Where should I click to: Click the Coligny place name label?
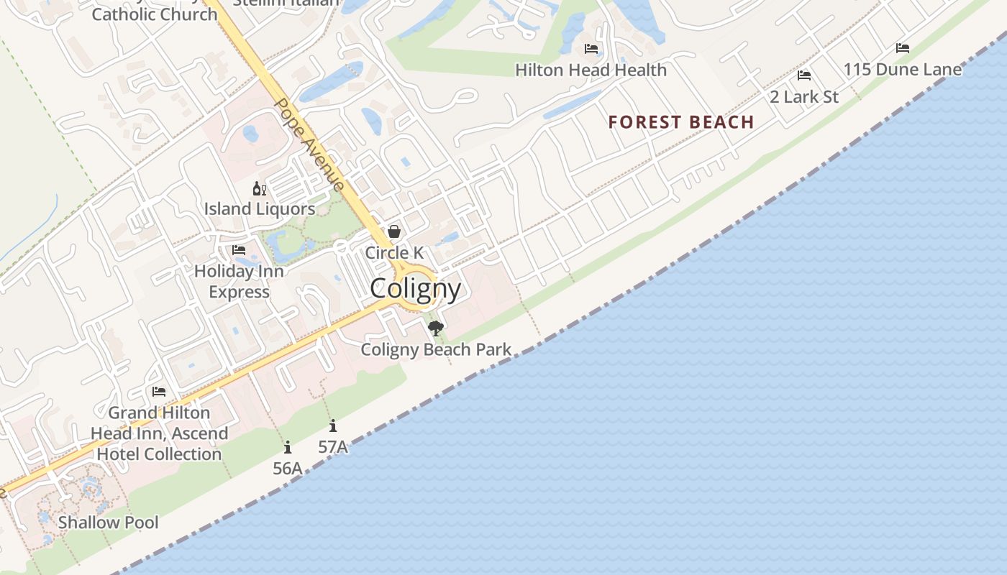pyautogui.click(x=415, y=289)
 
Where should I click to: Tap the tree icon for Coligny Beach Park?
pyautogui.click(x=435, y=328)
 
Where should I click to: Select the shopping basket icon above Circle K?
pyautogui.click(x=394, y=231)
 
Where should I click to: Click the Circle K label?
pyautogui.click(x=394, y=253)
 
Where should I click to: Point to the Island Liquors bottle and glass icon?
pyautogui.click(x=259, y=189)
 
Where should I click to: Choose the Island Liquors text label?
pyautogui.click(x=260, y=209)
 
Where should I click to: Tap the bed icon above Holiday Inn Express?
pyautogui.click(x=239, y=250)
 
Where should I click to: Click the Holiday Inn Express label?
pyautogui.click(x=239, y=282)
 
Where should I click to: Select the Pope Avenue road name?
pyautogui.click(x=309, y=144)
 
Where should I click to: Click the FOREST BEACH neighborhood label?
pyautogui.click(x=681, y=122)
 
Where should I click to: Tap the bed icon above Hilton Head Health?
pyautogui.click(x=591, y=49)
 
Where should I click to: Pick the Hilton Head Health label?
pyautogui.click(x=591, y=70)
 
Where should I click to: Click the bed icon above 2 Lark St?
pyautogui.click(x=804, y=75)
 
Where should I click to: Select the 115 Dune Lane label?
pyautogui.click(x=902, y=70)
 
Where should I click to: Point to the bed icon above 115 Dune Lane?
pyautogui.click(x=903, y=48)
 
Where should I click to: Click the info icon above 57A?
pyautogui.click(x=332, y=426)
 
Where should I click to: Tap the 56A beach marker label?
pyautogui.click(x=287, y=469)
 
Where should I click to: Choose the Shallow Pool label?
pyautogui.click(x=108, y=523)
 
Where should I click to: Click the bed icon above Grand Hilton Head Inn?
pyautogui.click(x=159, y=392)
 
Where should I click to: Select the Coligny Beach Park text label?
pyautogui.click(x=436, y=350)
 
